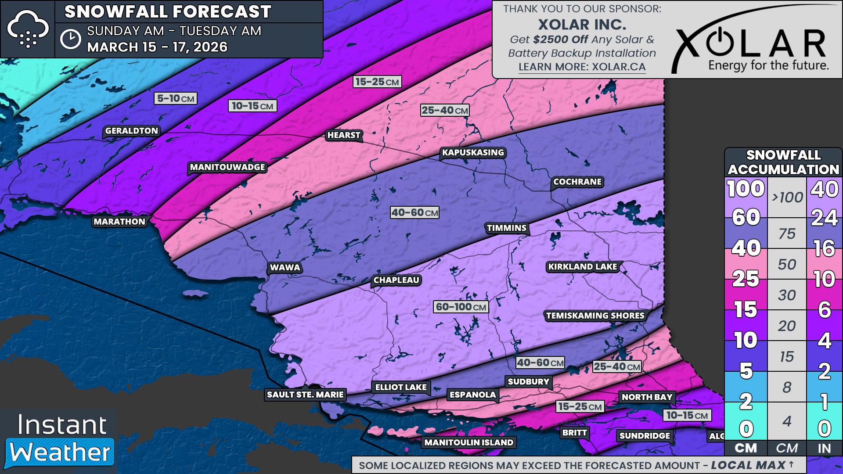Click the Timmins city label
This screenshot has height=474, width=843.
[x=506, y=228]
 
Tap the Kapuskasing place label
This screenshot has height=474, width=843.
[x=473, y=152]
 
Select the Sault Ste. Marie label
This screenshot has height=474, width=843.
[x=305, y=395]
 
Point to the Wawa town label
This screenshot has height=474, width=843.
[x=285, y=267]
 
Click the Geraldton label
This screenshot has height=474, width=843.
[x=131, y=131]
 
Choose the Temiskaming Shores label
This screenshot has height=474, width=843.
[x=595, y=316]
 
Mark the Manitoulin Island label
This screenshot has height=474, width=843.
[x=468, y=442]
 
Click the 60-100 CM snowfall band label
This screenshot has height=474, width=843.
[x=461, y=307]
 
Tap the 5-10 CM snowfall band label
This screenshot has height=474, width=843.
[x=175, y=98]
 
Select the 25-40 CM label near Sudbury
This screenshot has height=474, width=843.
[x=616, y=366]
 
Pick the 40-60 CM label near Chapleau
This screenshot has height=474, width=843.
[x=414, y=212]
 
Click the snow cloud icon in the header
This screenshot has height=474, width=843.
[x=28, y=29]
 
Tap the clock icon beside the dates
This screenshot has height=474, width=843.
[x=71, y=39]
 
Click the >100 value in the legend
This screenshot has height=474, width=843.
[x=787, y=197]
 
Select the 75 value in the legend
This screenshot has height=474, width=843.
[x=787, y=233]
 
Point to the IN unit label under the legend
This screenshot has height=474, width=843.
[x=824, y=448]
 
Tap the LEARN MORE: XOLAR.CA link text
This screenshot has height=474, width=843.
[x=582, y=67]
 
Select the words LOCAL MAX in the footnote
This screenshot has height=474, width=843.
[x=748, y=465]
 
